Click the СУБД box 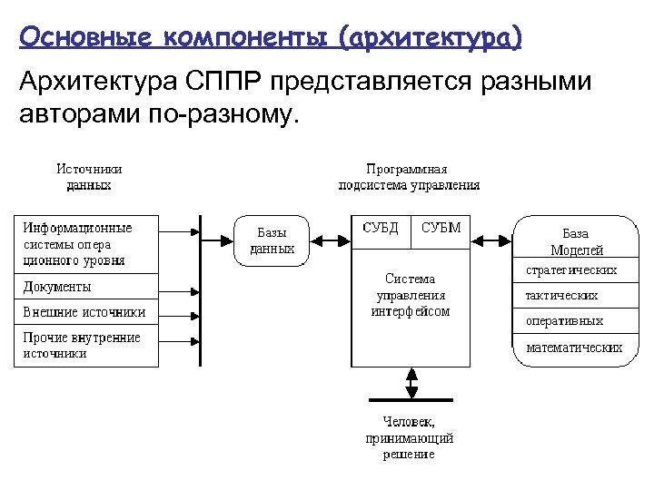[381, 229]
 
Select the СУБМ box [441, 229]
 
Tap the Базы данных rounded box [272, 240]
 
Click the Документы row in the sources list [85, 288]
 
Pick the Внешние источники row [85, 312]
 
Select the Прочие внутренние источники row [85, 346]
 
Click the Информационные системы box [85, 244]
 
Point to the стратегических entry [573, 270]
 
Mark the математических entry [573, 348]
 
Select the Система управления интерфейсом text [410, 295]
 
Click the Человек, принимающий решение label [410, 438]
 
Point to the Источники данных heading [89, 177]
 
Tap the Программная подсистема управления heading [409, 177]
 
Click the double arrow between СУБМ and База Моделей [491, 240]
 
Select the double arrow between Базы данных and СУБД [330, 240]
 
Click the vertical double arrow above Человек [411, 382]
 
